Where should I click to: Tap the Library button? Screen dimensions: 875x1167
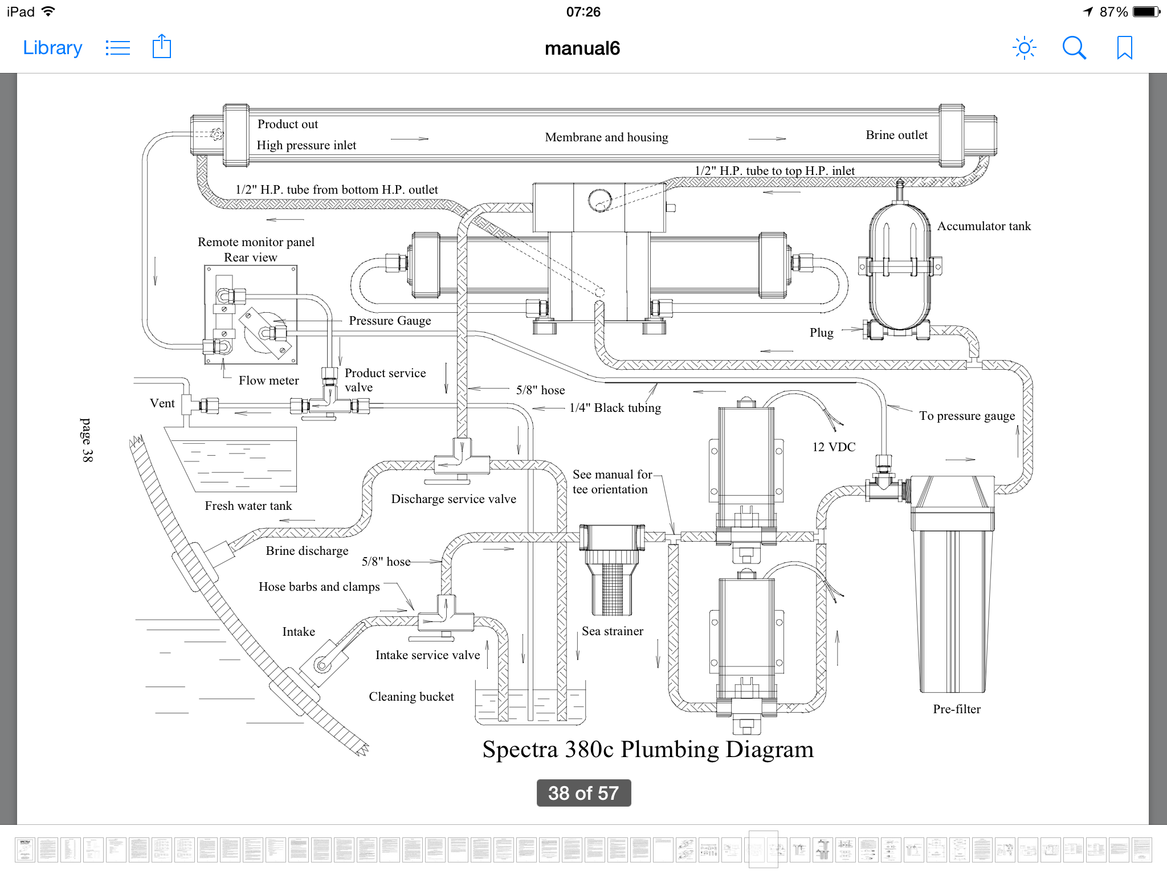52,48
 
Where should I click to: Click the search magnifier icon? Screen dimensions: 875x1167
1074,48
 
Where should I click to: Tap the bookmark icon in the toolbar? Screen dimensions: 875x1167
1124,48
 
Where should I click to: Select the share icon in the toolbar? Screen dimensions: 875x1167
162,47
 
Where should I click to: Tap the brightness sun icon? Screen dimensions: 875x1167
1024,48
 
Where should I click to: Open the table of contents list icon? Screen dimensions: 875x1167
118,48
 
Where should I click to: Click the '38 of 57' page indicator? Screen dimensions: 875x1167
583,793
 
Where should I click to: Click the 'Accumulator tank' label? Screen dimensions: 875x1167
984,226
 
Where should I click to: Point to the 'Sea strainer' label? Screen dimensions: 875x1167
613,631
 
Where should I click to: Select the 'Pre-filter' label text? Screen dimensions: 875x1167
957,709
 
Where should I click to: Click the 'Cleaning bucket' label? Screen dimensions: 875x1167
411,697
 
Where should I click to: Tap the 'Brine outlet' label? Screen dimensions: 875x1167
896,135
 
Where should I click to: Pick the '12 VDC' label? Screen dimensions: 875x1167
834,447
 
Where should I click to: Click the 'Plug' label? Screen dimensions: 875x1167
821,333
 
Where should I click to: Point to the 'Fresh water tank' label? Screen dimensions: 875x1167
248,506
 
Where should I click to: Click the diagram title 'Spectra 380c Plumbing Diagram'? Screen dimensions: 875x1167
648,750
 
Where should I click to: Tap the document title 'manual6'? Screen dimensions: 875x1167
582,48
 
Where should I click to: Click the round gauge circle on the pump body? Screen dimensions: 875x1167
599,200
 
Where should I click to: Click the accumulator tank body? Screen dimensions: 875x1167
900,268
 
